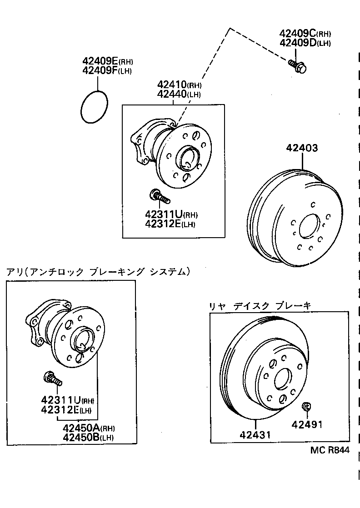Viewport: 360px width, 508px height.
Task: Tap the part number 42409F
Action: coord(100,70)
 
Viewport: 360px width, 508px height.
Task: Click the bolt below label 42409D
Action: coord(298,67)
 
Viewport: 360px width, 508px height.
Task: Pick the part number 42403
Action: coord(302,148)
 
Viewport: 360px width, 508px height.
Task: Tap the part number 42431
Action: coord(255,435)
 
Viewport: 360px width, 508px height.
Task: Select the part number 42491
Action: coord(307,425)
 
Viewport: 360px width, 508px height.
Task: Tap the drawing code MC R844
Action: coord(330,450)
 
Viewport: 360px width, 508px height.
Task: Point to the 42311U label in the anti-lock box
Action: coord(61,400)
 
